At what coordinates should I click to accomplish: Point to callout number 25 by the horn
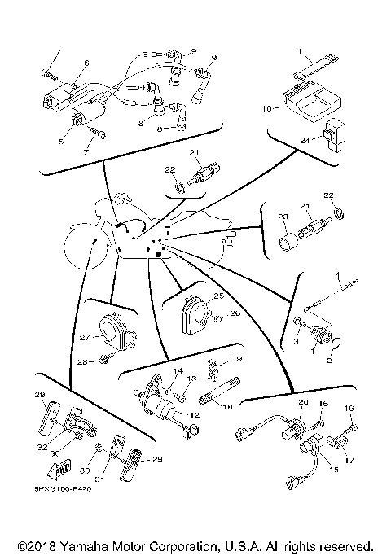pyautogui.click(x=218, y=296)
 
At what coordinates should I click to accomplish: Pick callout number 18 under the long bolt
pyautogui.click(x=227, y=405)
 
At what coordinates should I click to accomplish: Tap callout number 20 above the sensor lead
pyautogui.click(x=303, y=403)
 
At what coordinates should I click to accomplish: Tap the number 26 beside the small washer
pyautogui.click(x=235, y=313)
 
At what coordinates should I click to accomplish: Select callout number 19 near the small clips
pyautogui.click(x=238, y=359)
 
